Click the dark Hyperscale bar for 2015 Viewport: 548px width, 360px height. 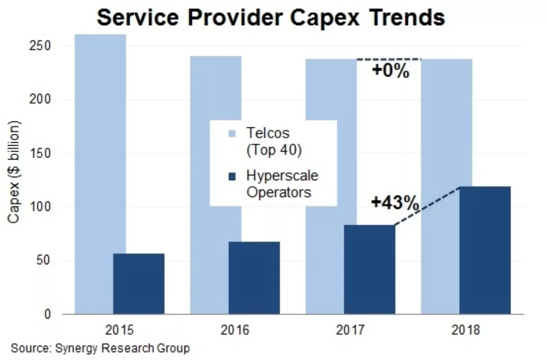(x=139, y=283)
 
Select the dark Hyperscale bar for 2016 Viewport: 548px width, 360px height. (x=254, y=277)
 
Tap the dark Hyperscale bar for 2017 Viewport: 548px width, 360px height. (x=369, y=269)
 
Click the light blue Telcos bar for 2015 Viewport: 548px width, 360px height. (x=94, y=137)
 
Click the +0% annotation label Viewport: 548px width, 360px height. (x=390, y=72)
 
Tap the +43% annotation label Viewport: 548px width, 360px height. (x=395, y=203)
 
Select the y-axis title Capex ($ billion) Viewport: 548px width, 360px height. (x=15, y=172)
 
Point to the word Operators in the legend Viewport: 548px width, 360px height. (x=279, y=192)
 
